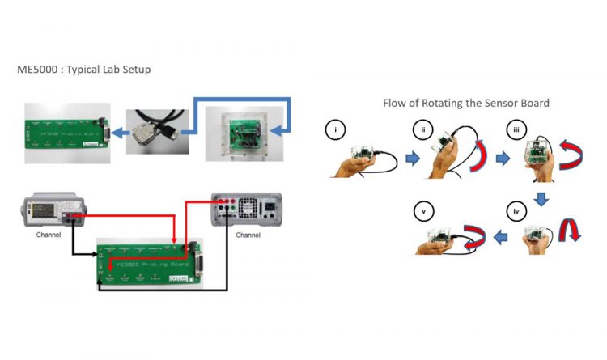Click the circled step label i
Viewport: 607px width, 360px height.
334,129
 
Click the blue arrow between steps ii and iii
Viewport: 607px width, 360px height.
502,159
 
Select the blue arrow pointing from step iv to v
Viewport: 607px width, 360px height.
502,236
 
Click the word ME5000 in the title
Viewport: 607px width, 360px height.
37,70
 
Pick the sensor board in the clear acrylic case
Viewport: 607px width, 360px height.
240,132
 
